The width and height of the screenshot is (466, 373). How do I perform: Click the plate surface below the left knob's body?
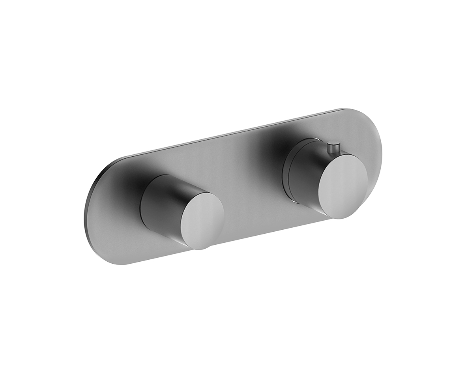coord(158,245)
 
